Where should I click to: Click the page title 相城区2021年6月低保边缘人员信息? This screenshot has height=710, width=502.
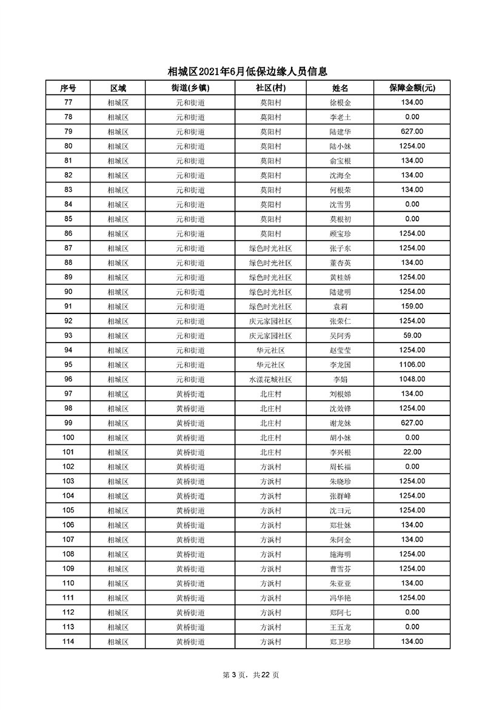251,72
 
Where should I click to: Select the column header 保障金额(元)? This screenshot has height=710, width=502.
412,88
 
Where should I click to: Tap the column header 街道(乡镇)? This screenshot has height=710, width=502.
190,88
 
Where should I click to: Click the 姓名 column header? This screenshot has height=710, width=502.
340,88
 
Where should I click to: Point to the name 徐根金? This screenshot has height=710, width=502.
340,102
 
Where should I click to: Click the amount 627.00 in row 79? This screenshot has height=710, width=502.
412,132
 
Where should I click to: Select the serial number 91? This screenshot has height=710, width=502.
68,306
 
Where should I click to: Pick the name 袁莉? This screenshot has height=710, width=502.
340,306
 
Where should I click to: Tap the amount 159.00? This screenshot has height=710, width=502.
412,306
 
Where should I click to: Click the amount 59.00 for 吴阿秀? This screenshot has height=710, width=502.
412,335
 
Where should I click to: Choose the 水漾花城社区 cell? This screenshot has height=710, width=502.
270,380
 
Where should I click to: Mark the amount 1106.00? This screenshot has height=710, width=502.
412,364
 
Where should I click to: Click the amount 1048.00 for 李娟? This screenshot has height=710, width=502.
412,380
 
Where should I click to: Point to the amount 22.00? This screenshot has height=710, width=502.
412,452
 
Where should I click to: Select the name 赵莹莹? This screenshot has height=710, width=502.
340,350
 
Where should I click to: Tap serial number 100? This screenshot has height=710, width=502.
68,438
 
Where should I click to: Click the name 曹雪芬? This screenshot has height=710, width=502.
340,569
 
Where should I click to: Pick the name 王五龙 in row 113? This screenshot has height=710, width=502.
340,627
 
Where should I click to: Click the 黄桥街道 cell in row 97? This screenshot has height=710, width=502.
190,394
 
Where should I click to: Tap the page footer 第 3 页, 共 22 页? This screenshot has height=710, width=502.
251,675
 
